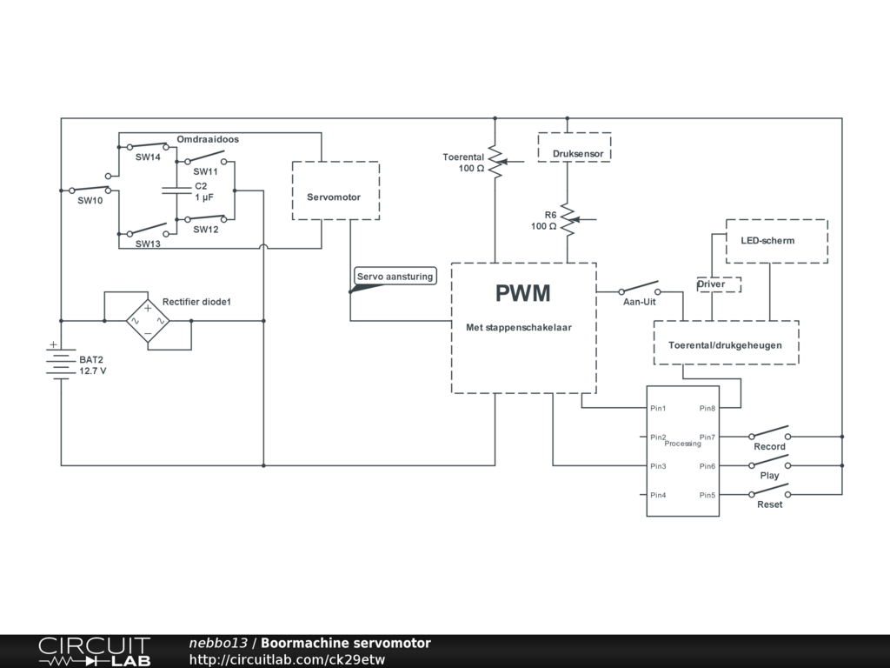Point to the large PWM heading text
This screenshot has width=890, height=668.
click(522, 293)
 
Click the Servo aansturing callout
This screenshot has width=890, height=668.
click(395, 277)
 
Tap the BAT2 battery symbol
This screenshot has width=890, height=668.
click(61, 362)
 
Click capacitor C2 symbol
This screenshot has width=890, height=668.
click(176, 190)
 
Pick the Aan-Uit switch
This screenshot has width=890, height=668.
click(640, 288)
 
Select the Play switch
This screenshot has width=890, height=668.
click(770, 462)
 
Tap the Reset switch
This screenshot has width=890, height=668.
click(770, 491)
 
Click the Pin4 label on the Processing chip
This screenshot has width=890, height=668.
click(658, 495)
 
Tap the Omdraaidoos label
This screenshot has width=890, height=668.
click(208, 139)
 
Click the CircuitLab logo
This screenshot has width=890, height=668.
click(94, 651)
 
